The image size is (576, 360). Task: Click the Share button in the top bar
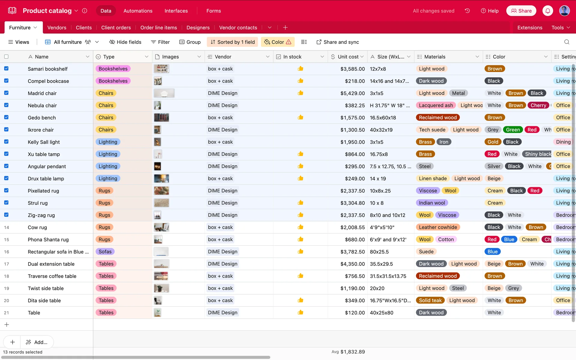click(x=521, y=11)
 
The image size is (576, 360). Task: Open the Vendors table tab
click(x=57, y=28)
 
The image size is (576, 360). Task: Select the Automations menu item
click(x=138, y=11)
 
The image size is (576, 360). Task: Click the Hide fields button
click(x=125, y=42)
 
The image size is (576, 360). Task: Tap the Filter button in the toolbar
click(x=160, y=42)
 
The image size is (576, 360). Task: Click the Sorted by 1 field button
click(x=232, y=42)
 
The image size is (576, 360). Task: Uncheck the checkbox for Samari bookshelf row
click(x=6, y=68)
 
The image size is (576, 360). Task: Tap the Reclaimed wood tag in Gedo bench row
click(x=438, y=118)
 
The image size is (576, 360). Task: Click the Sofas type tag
click(x=105, y=252)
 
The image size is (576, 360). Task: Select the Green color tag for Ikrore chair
click(x=513, y=130)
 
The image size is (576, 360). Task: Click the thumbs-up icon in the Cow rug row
click(x=300, y=227)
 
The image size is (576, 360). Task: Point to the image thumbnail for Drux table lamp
click(x=161, y=178)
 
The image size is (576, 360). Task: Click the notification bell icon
click(x=547, y=11)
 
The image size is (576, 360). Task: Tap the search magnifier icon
click(x=567, y=42)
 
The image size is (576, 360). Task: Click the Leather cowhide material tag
click(x=438, y=227)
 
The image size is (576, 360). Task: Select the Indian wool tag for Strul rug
click(x=432, y=203)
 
